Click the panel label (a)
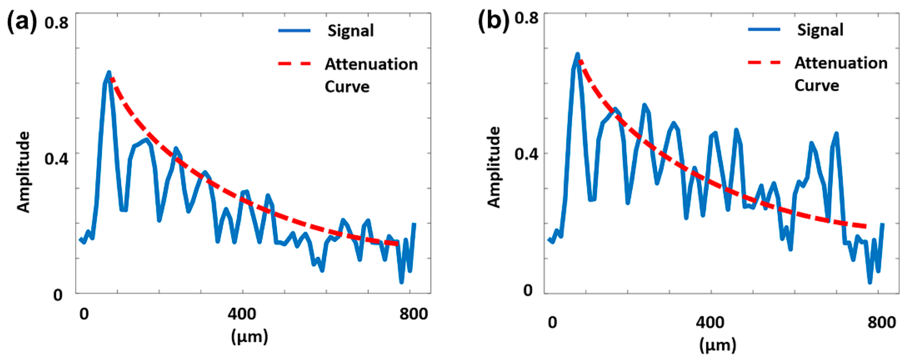(x=22, y=22)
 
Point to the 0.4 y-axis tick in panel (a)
(x=56, y=158)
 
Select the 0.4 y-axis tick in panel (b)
(x=526, y=154)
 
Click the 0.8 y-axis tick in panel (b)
(x=526, y=18)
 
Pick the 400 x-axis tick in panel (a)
(x=242, y=313)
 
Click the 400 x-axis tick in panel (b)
(x=710, y=322)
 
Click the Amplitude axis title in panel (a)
(x=24, y=172)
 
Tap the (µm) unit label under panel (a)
(x=249, y=337)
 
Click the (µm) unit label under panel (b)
(x=718, y=346)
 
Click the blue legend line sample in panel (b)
(x=764, y=30)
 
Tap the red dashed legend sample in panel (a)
(x=294, y=64)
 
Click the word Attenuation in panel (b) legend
(x=841, y=63)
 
